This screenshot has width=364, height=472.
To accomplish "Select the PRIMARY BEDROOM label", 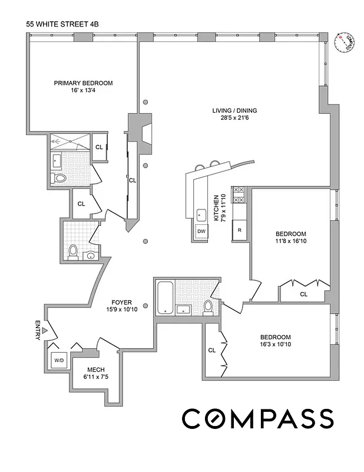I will point(83,83).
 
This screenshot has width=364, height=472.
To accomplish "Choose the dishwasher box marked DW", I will point(201,232).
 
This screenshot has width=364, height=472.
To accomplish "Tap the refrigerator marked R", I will point(240,230).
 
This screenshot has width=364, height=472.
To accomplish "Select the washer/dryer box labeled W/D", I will point(59,360).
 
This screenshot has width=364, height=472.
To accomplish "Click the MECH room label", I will point(96,370).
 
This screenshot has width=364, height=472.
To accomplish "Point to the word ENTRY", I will point(38,330).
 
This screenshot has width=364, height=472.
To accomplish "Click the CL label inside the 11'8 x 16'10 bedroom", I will point(304,293).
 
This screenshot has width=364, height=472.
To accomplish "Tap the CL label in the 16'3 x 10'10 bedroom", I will point(212,350).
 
